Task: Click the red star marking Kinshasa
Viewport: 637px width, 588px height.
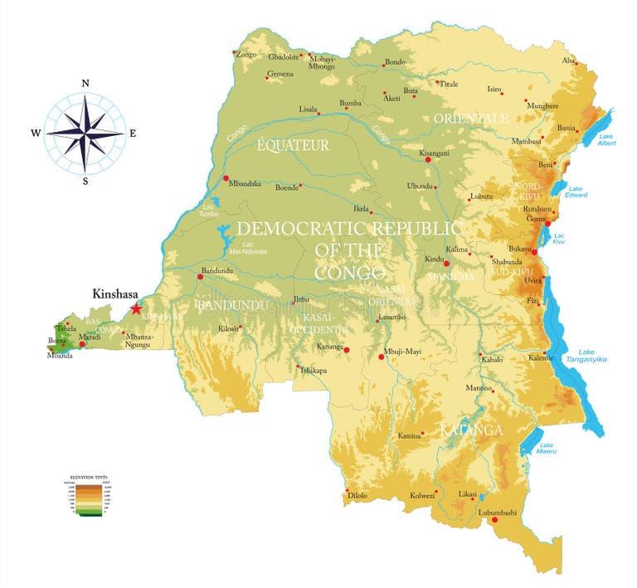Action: (136, 309)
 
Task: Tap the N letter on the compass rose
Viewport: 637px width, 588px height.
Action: (85, 83)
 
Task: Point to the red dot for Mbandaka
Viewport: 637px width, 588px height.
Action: (225, 177)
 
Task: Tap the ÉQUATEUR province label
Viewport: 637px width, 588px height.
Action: (293, 145)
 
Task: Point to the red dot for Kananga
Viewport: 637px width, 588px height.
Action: (347, 350)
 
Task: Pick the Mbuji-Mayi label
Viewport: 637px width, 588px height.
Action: (403, 351)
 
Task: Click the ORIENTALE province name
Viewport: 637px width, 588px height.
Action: (470, 119)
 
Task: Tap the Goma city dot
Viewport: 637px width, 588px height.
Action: (547, 223)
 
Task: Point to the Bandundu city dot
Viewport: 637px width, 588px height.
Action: (200, 276)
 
